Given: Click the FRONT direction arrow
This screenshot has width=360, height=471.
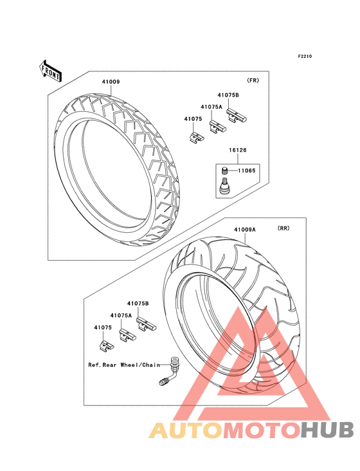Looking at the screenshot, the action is tap(50, 71).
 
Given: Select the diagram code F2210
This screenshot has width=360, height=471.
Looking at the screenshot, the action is tap(305, 56).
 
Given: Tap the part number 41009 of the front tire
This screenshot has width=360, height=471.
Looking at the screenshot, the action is tap(111, 82).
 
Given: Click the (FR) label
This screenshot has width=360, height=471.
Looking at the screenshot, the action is tap(253, 80).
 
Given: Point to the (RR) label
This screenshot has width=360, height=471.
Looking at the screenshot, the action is tap(283, 228).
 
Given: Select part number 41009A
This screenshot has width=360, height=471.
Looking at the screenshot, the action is tap(245, 230).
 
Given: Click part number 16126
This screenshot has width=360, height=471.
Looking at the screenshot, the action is tap(238, 150).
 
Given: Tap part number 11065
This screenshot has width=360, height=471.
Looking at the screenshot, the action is tap(247, 171).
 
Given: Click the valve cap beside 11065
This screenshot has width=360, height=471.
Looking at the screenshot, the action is tap(224, 171).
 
